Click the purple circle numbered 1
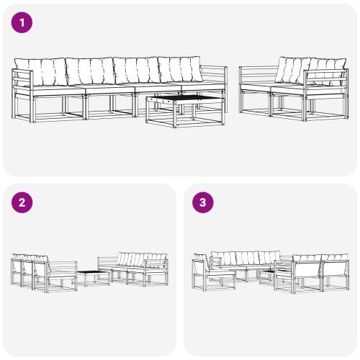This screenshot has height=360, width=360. click(x=23, y=23)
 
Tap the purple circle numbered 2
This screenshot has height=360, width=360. click(x=23, y=202)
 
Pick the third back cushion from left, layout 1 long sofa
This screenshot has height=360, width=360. click(x=137, y=71)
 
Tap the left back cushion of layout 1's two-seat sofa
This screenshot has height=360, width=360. click(x=292, y=70)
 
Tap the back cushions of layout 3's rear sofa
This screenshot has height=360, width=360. click(x=245, y=258)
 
